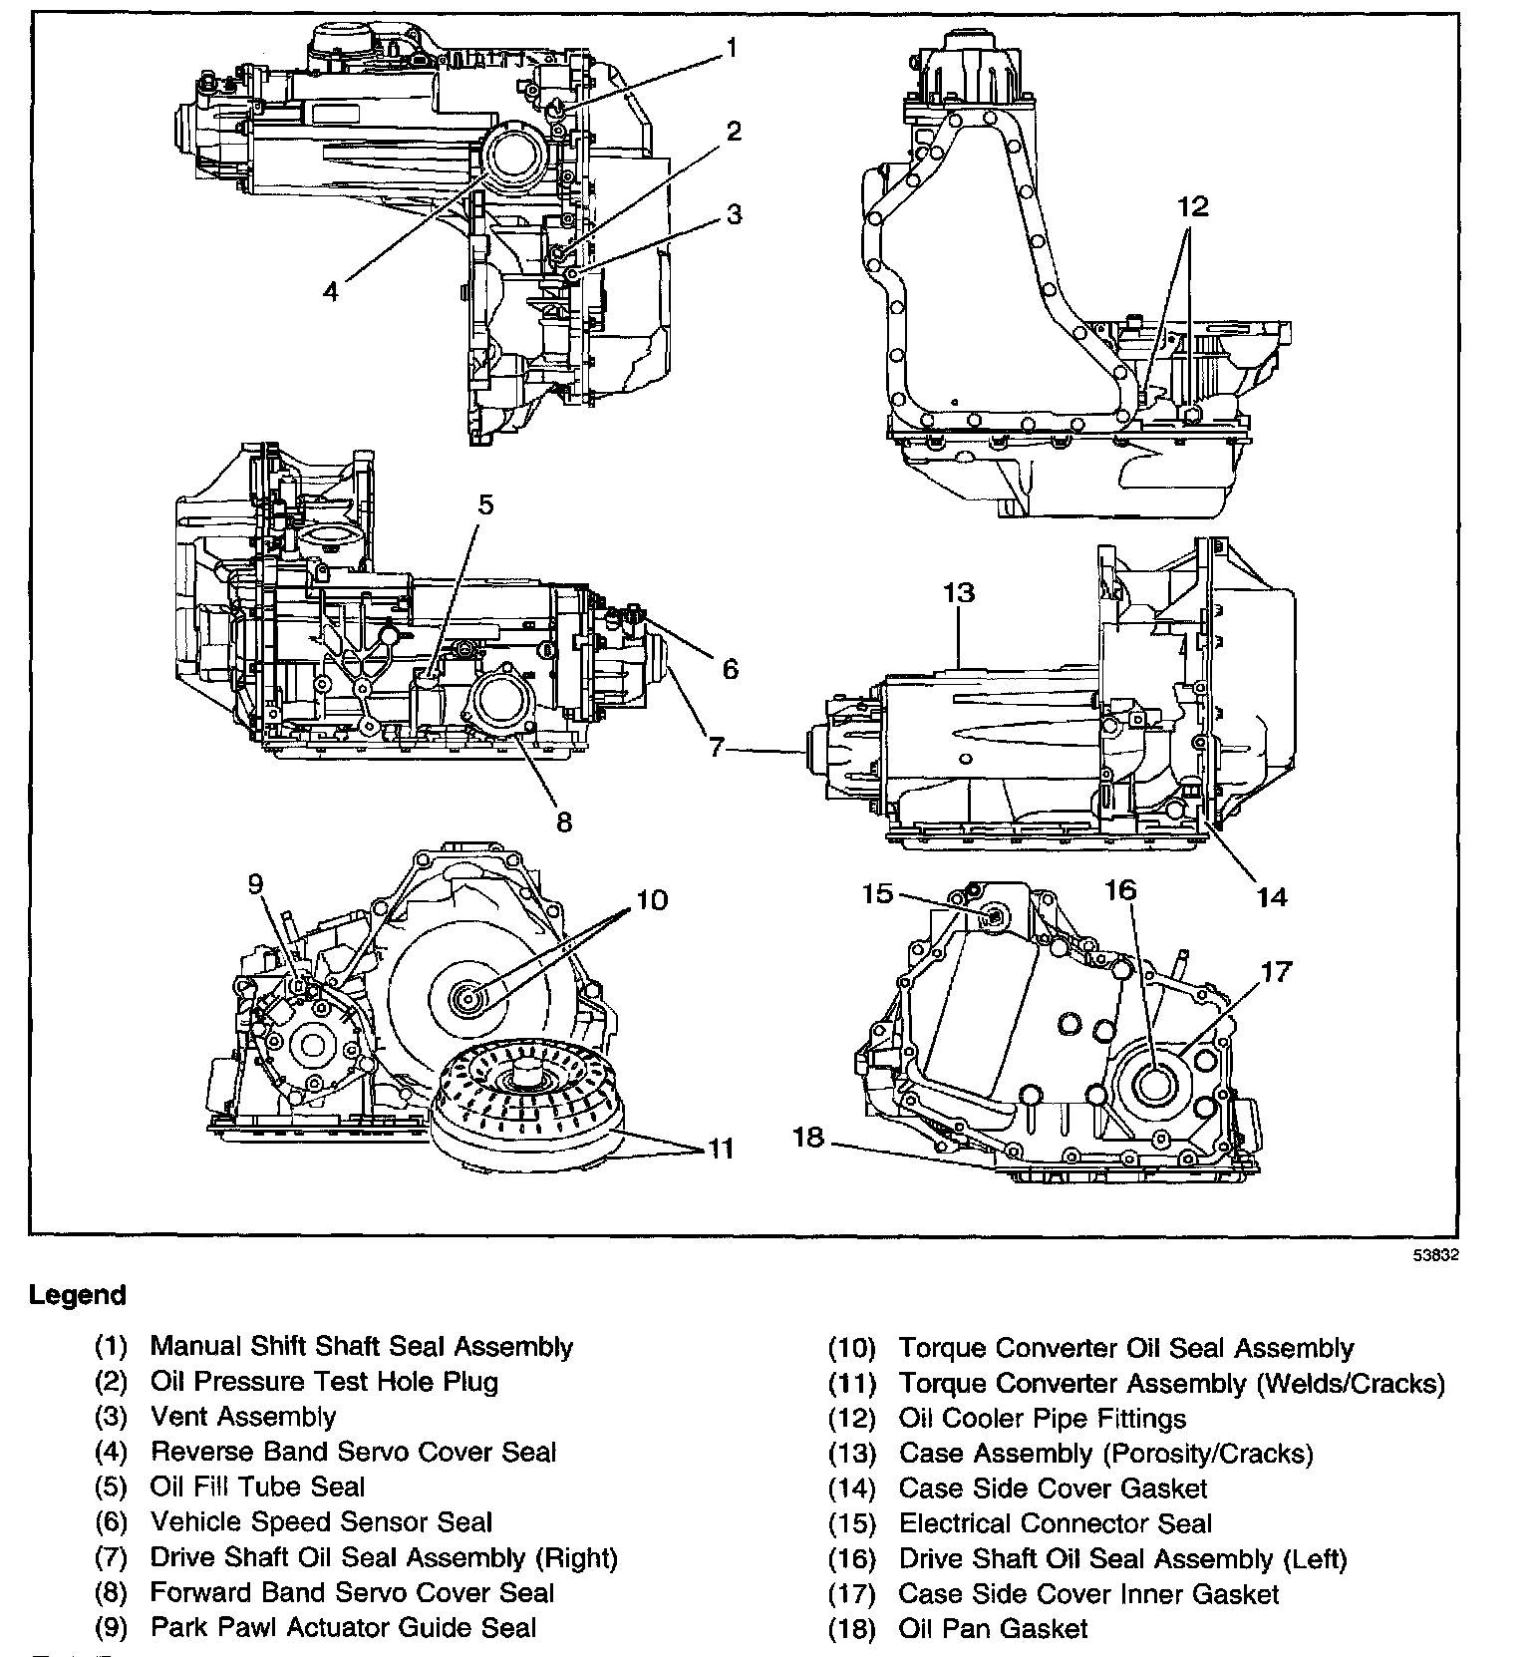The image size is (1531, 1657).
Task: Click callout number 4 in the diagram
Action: point(331,291)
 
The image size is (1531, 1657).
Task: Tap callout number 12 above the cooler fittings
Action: point(1192,206)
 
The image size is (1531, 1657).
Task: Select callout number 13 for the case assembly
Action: point(958,593)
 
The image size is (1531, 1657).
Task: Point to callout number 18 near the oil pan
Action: point(808,1136)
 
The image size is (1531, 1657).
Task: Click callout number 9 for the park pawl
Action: point(256,883)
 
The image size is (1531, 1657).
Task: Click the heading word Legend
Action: point(78,1295)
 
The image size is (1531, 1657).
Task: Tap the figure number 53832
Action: point(1436,1255)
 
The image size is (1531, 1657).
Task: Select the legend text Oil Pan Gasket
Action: point(993,1629)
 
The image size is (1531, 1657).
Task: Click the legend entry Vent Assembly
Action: point(243,1417)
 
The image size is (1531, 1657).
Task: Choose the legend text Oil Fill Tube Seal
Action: point(257,1487)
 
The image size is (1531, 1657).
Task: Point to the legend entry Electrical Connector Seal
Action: point(1055,1523)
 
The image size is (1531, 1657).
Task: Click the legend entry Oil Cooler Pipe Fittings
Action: point(1043,1418)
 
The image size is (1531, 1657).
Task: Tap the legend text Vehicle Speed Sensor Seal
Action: point(321,1521)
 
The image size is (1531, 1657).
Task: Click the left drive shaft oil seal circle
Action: point(1152,1081)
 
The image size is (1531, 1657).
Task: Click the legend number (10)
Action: point(851,1349)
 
